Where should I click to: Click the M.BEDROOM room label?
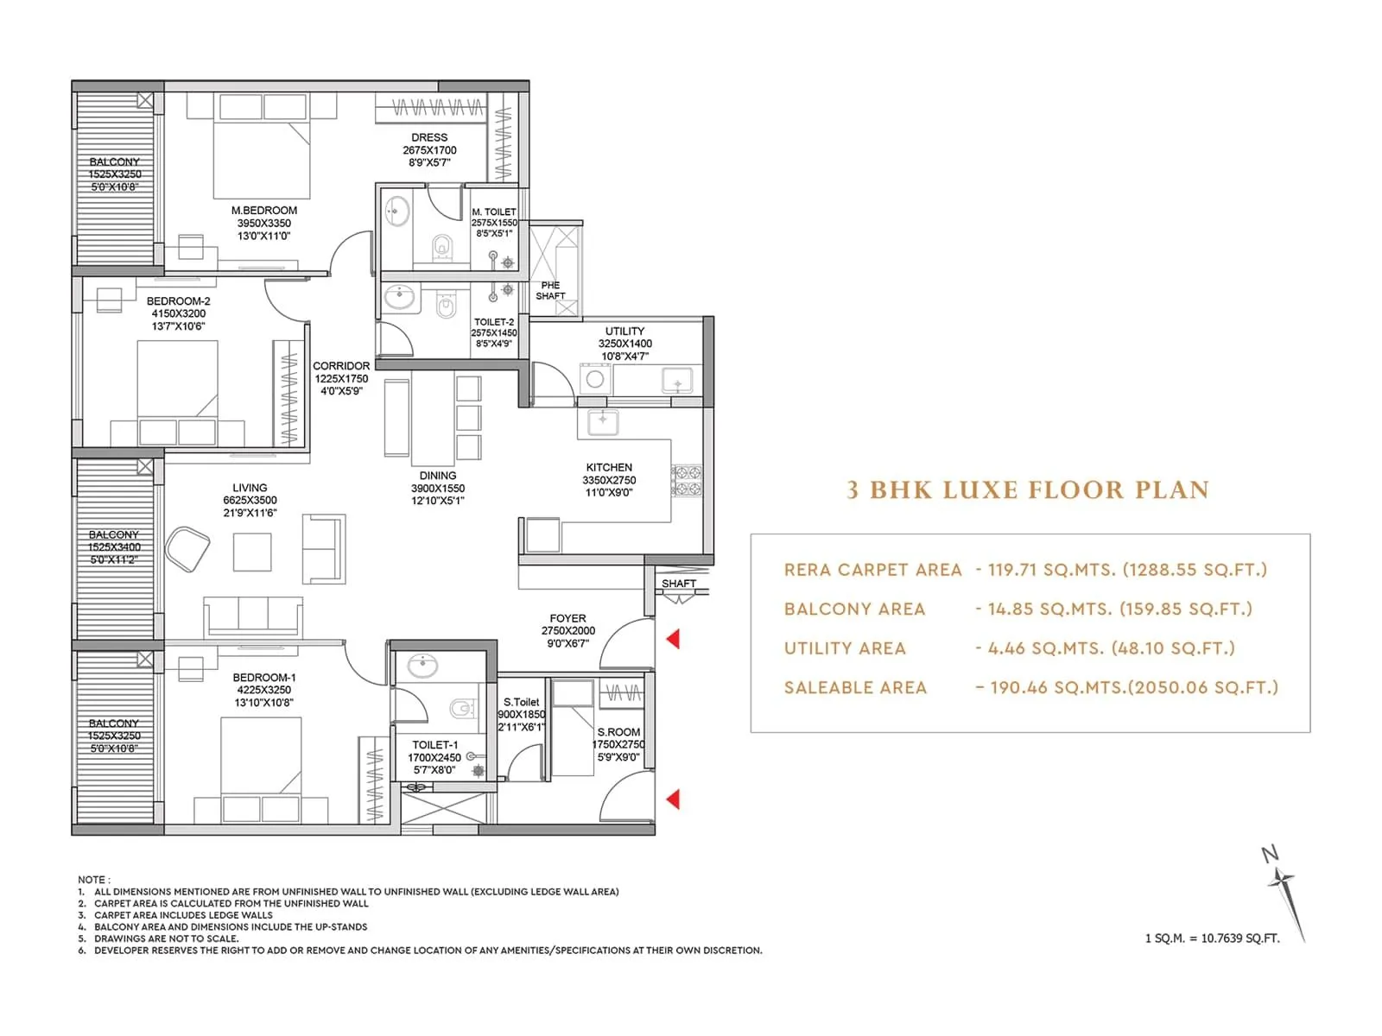[x=263, y=210]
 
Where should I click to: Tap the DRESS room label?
[x=429, y=137]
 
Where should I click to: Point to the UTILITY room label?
[x=624, y=331]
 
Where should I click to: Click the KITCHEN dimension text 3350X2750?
[x=609, y=480]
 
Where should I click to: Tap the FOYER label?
[x=567, y=618]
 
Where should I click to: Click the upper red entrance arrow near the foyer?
[x=673, y=639]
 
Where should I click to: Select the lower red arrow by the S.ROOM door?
[x=673, y=799]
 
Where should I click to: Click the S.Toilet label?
[x=522, y=702]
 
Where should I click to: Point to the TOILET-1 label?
[x=435, y=744]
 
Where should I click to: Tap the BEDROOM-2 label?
[x=178, y=301]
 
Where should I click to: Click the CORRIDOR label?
[x=341, y=366]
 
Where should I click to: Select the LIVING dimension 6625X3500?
[x=250, y=500]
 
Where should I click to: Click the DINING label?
[x=438, y=476]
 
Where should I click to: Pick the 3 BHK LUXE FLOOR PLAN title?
[x=1027, y=490]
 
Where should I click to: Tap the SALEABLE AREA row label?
[x=855, y=688]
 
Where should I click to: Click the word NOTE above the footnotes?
[x=91, y=880]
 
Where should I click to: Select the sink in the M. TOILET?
[x=397, y=212]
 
